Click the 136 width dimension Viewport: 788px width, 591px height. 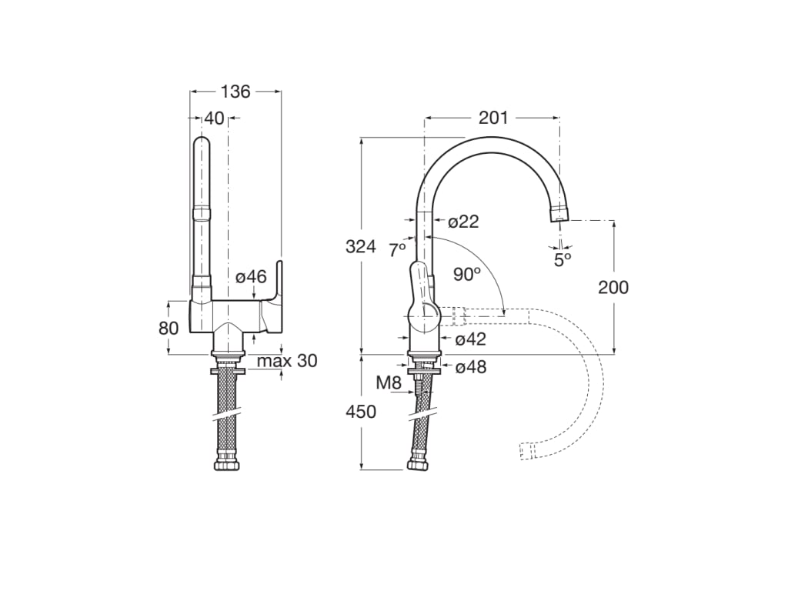click(x=235, y=92)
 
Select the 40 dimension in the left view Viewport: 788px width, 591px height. click(x=215, y=119)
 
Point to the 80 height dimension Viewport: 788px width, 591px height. click(x=169, y=328)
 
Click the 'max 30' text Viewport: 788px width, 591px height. click(x=286, y=361)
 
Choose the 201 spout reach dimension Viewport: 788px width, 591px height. click(x=493, y=118)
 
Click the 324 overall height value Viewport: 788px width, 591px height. click(x=360, y=247)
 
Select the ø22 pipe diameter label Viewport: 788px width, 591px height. click(x=463, y=222)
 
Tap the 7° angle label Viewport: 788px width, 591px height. click(x=397, y=249)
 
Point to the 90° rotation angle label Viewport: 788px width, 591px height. click(x=466, y=275)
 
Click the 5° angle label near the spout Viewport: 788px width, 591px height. click(x=563, y=259)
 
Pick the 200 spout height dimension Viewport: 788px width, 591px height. click(x=613, y=288)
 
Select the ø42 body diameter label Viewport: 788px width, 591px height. click(x=470, y=339)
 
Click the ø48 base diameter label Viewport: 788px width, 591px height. click(x=470, y=367)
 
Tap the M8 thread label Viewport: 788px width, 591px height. click(x=389, y=382)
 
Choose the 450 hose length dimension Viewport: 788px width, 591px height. click(x=361, y=412)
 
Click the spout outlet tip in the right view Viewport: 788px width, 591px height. click(x=559, y=216)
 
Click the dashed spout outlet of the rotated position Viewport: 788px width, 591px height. click(x=527, y=451)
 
